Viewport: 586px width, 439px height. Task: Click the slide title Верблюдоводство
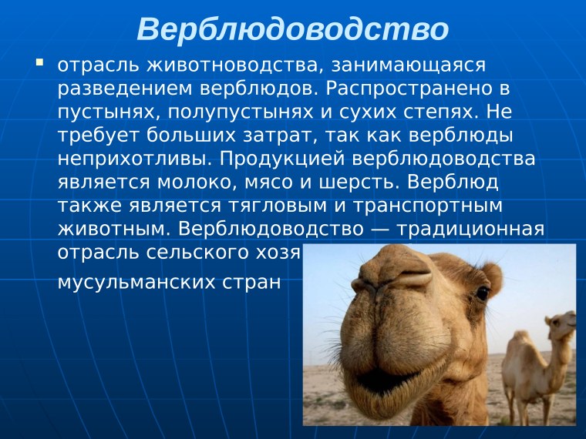(x=292, y=28)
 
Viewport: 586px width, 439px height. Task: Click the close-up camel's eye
(x=482, y=293)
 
